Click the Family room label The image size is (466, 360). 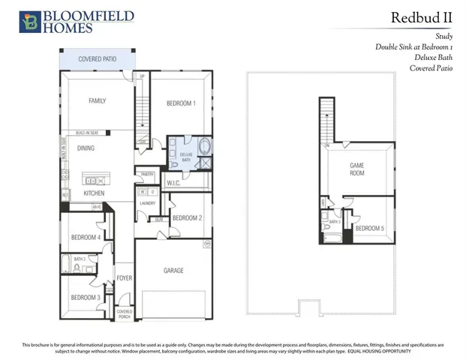[x=98, y=100]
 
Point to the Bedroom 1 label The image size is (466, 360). [x=181, y=103]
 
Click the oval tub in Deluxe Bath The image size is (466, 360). [x=205, y=146]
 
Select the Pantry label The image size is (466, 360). [x=147, y=174]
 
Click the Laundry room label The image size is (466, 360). [x=147, y=202]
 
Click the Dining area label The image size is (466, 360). [x=86, y=148]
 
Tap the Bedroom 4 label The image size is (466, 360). [x=86, y=238]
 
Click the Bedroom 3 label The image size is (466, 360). [x=86, y=298]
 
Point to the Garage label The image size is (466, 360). [x=173, y=271]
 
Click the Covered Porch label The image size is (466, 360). [x=125, y=313]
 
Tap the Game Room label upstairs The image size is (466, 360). [x=357, y=169]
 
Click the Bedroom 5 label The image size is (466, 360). [x=369, y=228]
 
